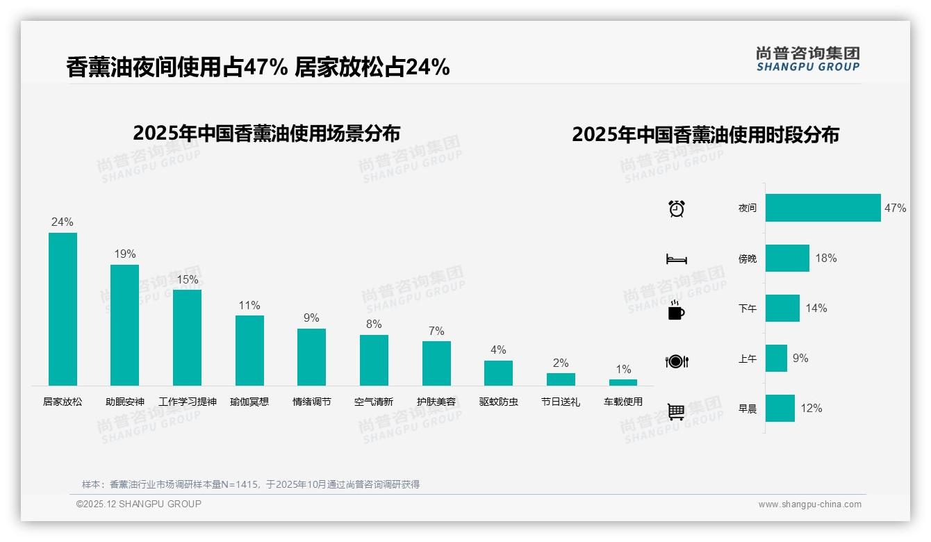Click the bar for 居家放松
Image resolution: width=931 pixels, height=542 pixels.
point(63,309)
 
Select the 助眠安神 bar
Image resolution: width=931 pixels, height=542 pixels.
point(125,325)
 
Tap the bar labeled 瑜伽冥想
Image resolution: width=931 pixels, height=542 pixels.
point(249,350)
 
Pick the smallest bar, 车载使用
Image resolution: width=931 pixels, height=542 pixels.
point(623,382)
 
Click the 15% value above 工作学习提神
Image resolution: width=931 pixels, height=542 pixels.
point(187,279)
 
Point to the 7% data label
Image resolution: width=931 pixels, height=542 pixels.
point(436,331)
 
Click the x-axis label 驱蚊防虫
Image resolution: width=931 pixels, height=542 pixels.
point(499,402)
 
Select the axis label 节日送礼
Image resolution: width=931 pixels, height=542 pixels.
point(561,402)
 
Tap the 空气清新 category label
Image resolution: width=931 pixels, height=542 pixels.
point(374,402)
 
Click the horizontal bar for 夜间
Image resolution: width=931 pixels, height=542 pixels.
point(823,208)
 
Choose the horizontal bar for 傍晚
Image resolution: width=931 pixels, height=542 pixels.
point(787,258)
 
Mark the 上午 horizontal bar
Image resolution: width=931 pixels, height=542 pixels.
point(776,358)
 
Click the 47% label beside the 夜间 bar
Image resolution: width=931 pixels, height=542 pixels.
point(895,208)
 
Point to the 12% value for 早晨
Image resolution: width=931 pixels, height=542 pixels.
point(811,408)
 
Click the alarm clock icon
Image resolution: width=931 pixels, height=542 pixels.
point(677,208)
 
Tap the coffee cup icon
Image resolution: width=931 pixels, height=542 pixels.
point(676,311)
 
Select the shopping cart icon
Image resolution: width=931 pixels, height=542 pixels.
point(676,411)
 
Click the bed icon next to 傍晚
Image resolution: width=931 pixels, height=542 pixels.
point(677,259)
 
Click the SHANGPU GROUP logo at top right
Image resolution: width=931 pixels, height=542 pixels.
point(808,58)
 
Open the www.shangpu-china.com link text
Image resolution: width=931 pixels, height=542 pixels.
point(809,504)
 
